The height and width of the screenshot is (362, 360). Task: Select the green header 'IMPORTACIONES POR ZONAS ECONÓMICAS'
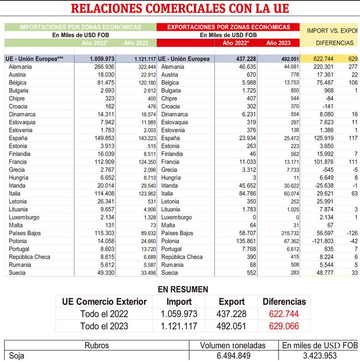click(80, 27)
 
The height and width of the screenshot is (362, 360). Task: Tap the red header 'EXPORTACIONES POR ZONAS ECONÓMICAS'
click(228, 27)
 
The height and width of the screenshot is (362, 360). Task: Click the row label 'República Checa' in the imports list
click(29, 257)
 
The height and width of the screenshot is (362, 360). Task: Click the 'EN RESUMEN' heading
click(183, 290)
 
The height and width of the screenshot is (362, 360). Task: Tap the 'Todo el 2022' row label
click(104, 314)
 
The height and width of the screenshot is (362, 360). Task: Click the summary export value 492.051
click(231, 326)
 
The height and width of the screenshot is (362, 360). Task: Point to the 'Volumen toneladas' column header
click(232, 346)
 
